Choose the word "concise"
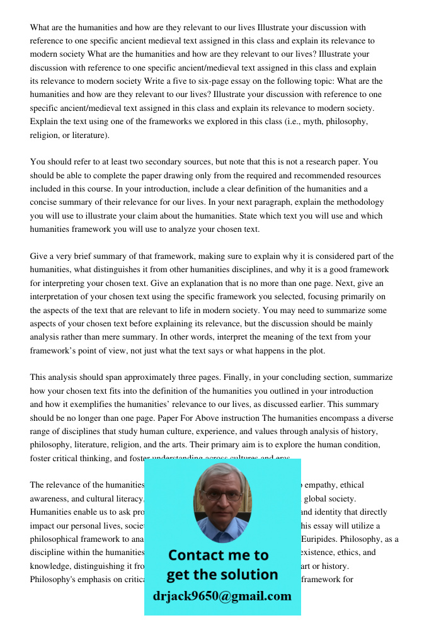[x=43, y=202]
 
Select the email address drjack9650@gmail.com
[x=222, y=595]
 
